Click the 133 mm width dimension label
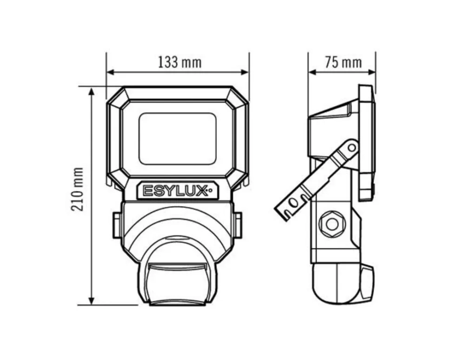click(180, 62)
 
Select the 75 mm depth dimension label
click(343, 62)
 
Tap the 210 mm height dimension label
click(77, 189)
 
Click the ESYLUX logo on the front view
click(175, 191)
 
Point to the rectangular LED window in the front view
click(178, 139)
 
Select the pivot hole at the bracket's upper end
click(352, 148)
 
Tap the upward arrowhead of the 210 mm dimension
click(92, 92)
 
